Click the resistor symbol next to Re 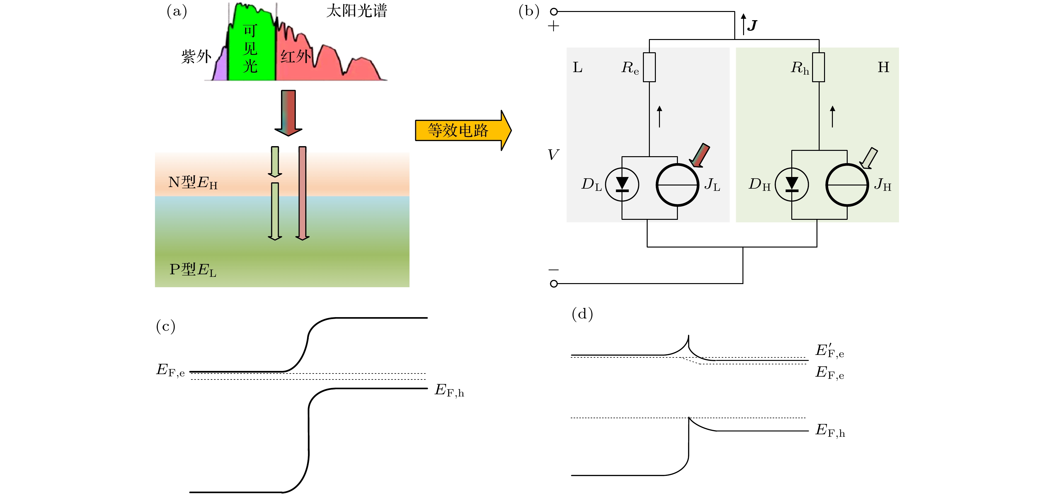649,67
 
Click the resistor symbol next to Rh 818,67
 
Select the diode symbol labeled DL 622,185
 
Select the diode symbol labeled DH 792,185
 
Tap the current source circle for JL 677,185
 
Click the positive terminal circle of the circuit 553,11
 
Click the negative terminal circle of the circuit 553,283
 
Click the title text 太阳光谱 356,11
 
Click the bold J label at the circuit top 752,26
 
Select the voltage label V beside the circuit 553,155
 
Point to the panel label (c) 166,326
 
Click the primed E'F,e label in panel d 829,351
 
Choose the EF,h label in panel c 449,390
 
